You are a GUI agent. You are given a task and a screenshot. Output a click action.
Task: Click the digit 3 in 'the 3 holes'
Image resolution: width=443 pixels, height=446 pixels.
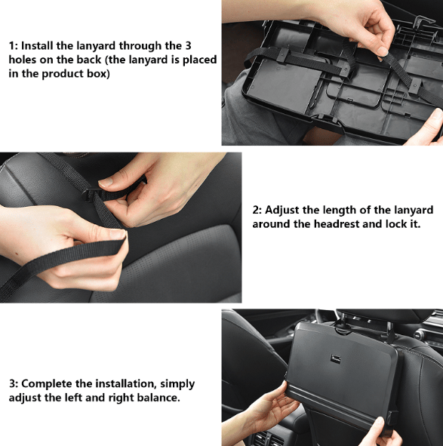(x=187, y=46)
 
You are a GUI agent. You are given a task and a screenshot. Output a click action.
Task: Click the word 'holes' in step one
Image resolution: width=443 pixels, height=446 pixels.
(x=23, y=60)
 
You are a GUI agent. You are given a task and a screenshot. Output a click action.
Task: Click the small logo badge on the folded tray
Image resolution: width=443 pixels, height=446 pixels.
(x=336, y=358)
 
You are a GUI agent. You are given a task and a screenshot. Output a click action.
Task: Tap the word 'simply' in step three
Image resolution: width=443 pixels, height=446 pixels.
(x=177, y=384)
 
